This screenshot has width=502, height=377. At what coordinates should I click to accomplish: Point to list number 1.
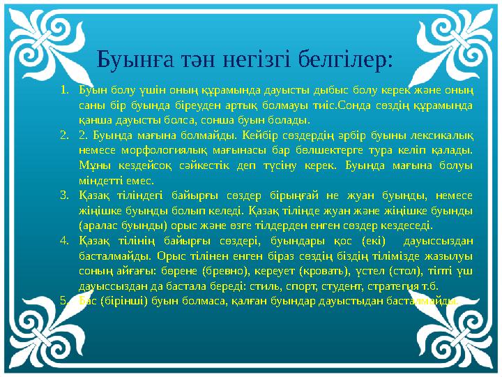tap(63, 90)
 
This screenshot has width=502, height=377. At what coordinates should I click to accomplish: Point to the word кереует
tap(303, 271)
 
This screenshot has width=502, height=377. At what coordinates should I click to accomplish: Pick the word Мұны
tap(91, 165)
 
